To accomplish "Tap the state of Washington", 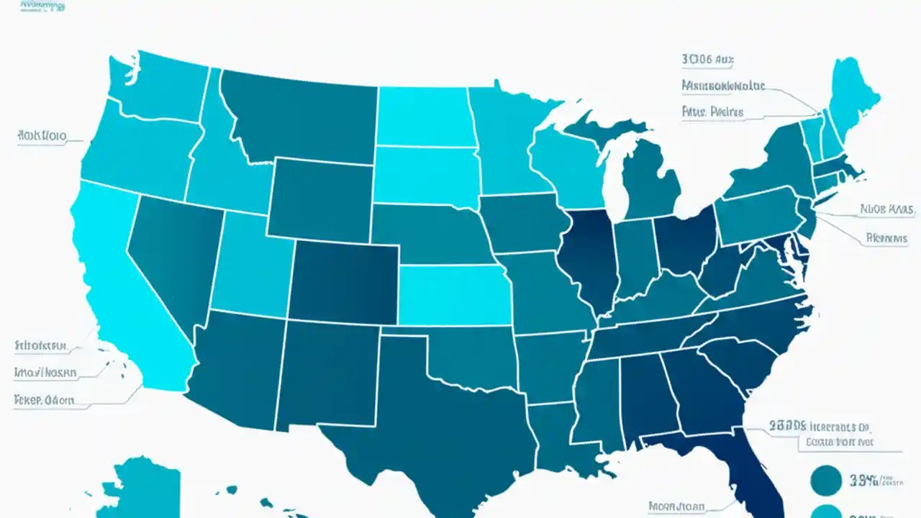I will click(158, 86).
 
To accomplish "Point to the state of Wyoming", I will click(320, 198).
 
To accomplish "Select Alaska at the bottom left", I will click(144, 489).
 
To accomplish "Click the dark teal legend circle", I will click(826, 481).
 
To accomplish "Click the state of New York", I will click(770, 162).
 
